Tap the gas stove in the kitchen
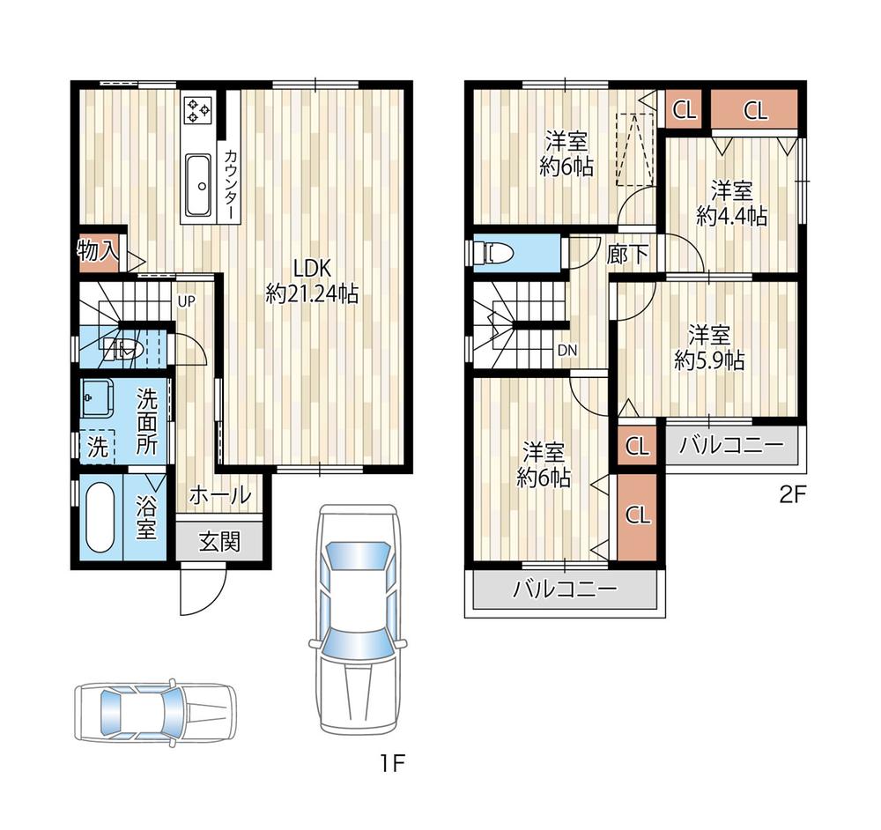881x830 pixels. (197, 111)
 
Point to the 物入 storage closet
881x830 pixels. (99, 250)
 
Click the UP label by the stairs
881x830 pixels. (186, 300)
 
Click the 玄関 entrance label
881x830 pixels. (218, 542)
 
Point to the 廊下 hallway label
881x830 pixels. (628, 256)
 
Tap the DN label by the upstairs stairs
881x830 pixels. (566, 351)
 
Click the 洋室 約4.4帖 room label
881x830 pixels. (731, 204)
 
